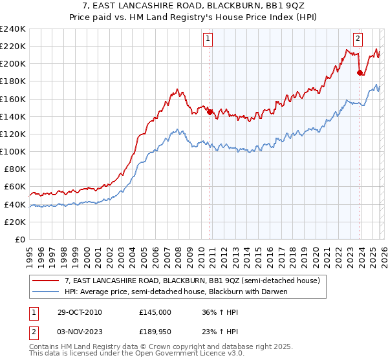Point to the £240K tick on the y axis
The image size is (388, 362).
13,29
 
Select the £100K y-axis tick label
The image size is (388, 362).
13,151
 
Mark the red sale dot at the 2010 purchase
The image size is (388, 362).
210,112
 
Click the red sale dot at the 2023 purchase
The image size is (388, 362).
360,72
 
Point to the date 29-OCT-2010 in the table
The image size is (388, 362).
78,312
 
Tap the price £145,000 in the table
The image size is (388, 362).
155,312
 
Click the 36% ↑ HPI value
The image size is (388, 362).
220,312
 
